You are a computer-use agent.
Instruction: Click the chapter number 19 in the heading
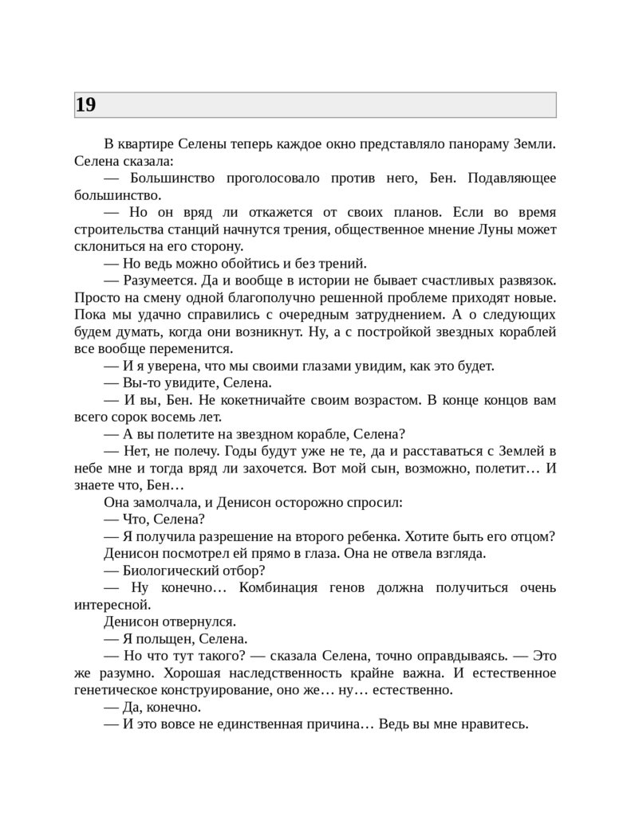(85, 104)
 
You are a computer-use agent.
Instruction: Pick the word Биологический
(171, 571)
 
